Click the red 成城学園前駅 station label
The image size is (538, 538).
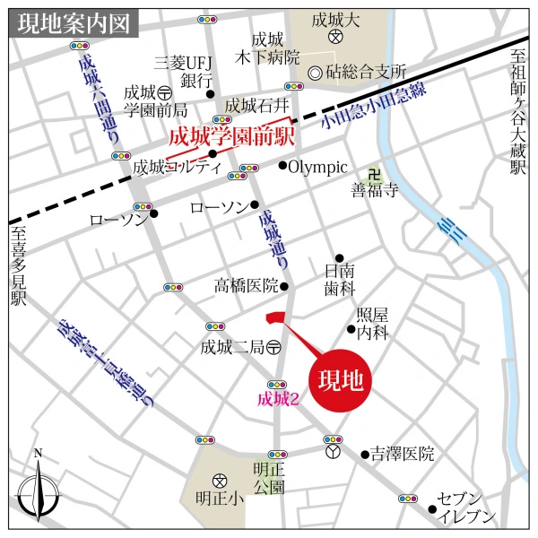[x=232, y=139]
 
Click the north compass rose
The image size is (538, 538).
[x=38, y=490]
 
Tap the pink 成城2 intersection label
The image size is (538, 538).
[x=277, y=400]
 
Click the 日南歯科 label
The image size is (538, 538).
[x=339, y=281]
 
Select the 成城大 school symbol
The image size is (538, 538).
[x=334, y=38]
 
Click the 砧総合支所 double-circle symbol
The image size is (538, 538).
[x=315, y=72]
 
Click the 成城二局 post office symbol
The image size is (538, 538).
[x=273, y=347]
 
